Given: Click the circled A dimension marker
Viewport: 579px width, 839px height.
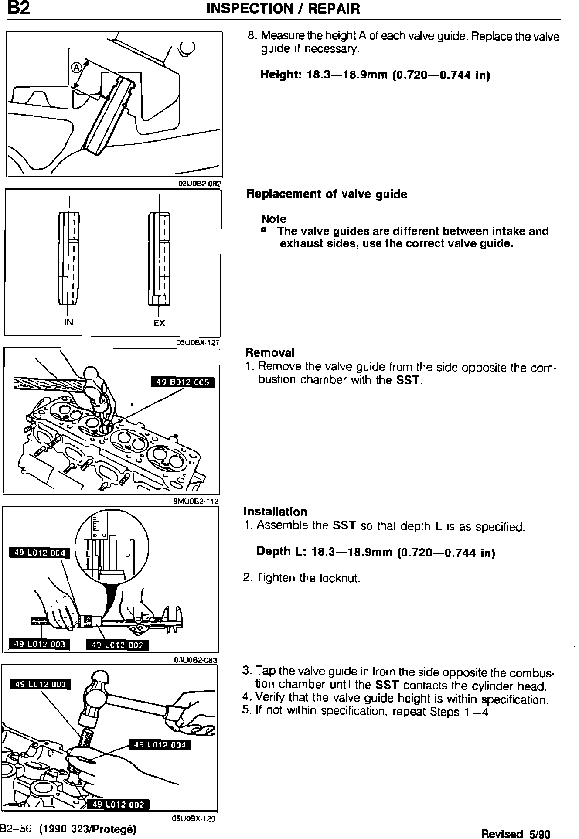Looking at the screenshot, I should pyautogui.click(x=76, y=68).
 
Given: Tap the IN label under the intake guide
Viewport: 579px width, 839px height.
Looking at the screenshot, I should pyautogui.click(x=68, y=322).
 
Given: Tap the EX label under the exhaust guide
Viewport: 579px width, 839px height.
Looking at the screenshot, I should pyautogui.click(x=159, y=323).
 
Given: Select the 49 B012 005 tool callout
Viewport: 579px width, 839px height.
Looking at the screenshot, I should pyautogui.click(x=183, y=382).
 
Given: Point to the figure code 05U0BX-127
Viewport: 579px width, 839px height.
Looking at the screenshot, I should pyautogui.click(x=197, y=342).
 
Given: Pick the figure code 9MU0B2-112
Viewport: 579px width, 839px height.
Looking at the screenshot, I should pyautogui.click(x=196, y=501).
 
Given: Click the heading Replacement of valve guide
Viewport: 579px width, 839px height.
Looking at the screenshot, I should pyautogui.click(x=327, y=194).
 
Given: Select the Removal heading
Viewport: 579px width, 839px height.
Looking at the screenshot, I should pyautogui.click(x=270, y=352).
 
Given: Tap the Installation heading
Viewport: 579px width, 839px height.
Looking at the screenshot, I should pyautogui.click(x=275, y=511).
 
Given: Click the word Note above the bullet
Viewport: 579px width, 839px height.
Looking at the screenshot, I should pyautogui.click(x=274, y=218).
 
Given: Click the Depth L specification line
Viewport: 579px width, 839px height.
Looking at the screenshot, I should pyautogui.click(x=376, y=552).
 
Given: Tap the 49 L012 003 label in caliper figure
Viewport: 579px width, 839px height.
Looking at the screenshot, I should pyautogui.click(x=40, y=645).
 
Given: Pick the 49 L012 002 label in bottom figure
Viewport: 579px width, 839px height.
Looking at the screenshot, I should pyautogui.click(x=119, y=805).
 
